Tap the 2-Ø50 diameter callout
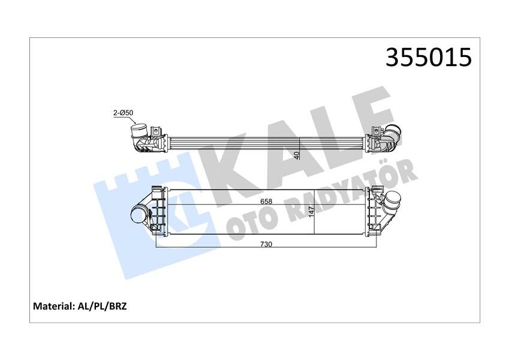[x=123, y=112]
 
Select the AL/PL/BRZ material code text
[x=102, y=306]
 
